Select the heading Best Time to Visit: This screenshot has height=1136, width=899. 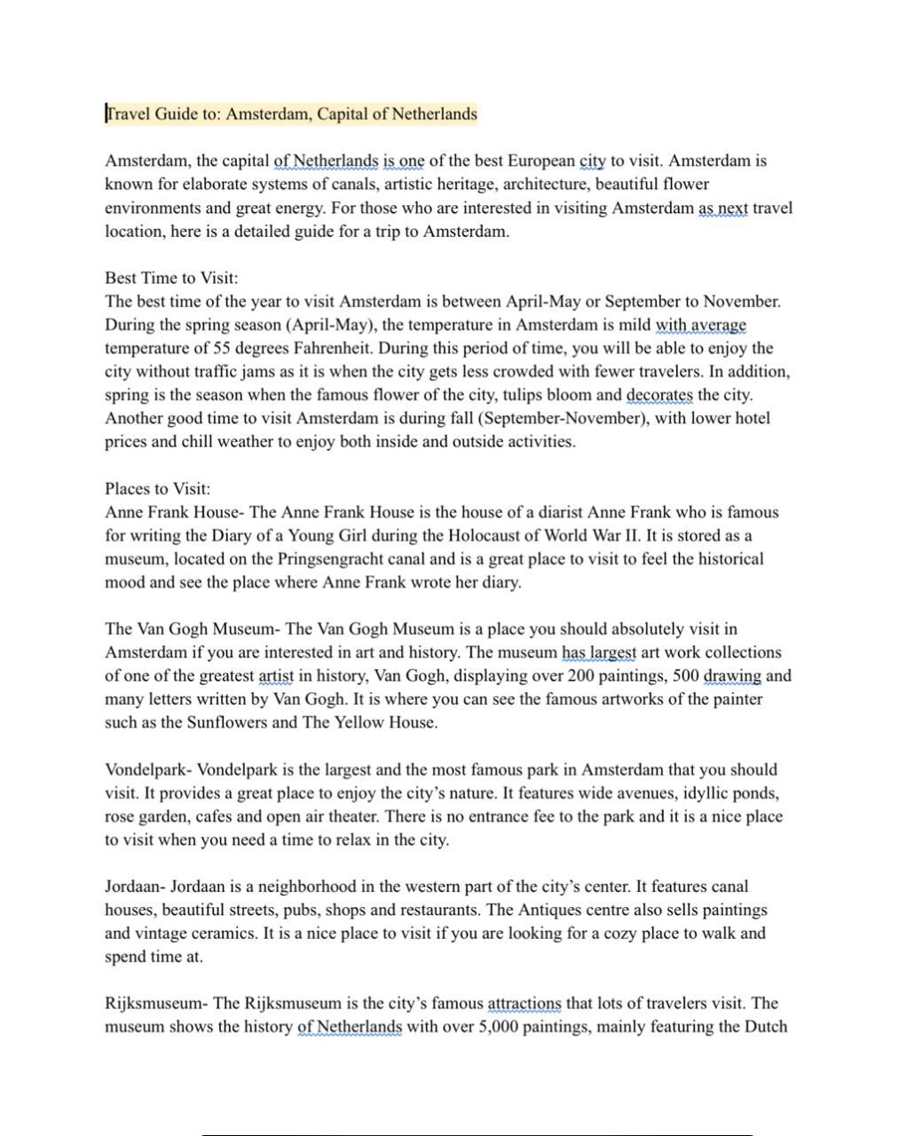(171, 278)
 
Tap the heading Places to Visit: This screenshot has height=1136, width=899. (158, 489)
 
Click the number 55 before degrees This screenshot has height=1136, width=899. (222, 348)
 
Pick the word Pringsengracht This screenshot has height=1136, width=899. (332, 559)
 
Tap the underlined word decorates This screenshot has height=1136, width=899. (659, 395)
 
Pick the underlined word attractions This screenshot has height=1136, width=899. (524, 1004)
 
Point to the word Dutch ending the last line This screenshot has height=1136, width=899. (764, 1027)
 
